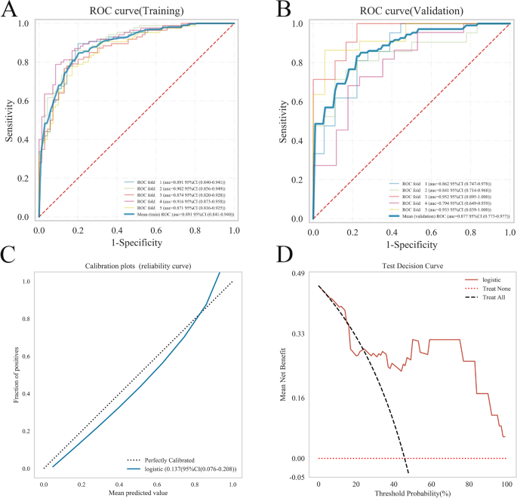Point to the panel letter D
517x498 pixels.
[285, 256]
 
